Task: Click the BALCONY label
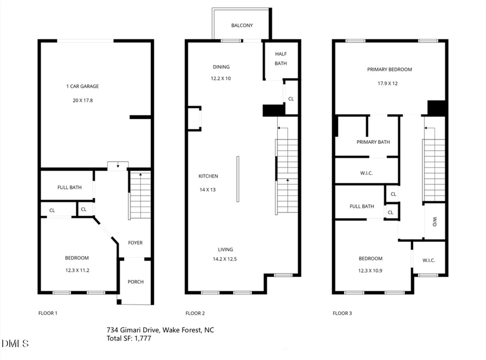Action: pyautogui.click(x=242, y=25)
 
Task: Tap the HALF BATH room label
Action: pyautogui.click(x=281, y=58)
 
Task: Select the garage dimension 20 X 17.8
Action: pyautogui.click(x=82, y=100)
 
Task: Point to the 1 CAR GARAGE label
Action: pyautogui.click(x=82, y=86)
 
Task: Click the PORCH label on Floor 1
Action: pyautogui.click(x=136, y=282)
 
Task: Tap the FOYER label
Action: pyautogui.click(x=135, y=243)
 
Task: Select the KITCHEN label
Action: pyautogui.click(x=208, y=176)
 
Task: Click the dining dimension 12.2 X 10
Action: pyautogui.click(x=220, y=78)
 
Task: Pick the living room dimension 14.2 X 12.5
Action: pyautogui.click(x=225, y=259)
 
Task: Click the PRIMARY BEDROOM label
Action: pyautogui.click(x=389, y=69)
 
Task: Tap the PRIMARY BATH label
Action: pyautogui.click(x=373, y=142)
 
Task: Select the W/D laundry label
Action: pyautogui.click(x=435, y=222)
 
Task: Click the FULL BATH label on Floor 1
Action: pyautogui.click(x=70, y=188)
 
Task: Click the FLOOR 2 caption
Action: pyautogui.click(x=195, y=313)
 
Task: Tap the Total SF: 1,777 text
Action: pyautogui.click(x=130, y=338)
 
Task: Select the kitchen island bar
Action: pyautogui.click(x=237, y=179)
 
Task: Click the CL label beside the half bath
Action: pyautogui.click(x=291, y=99)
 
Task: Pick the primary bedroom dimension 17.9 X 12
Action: pyautogui.click(x=388, y=83)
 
